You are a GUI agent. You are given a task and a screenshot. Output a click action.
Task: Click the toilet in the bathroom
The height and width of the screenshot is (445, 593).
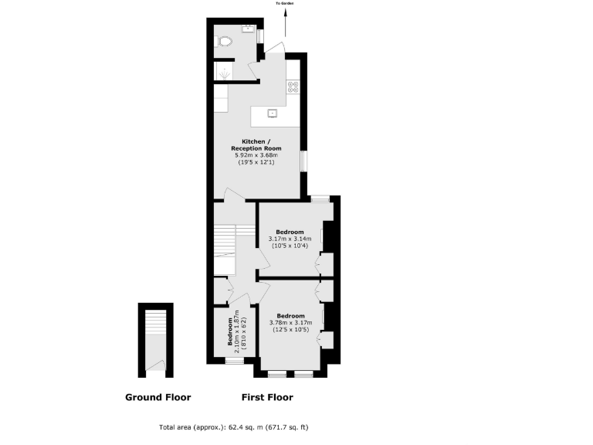(x=225, y=41)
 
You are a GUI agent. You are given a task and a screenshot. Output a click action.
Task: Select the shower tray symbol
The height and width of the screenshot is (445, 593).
(x=224, y=73)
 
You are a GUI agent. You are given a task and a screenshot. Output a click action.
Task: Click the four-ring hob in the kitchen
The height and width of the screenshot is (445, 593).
(x=293, y=87)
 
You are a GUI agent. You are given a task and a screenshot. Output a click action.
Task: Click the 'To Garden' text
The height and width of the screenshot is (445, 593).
(x=285, y=4)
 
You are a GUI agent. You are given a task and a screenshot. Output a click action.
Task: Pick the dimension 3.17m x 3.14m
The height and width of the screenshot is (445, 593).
(x=289, y=239)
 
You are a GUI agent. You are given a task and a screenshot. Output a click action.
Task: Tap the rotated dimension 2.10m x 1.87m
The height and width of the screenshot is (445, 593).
(x=237, y=331)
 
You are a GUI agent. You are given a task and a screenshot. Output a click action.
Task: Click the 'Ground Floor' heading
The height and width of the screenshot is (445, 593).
(x=158, y=398)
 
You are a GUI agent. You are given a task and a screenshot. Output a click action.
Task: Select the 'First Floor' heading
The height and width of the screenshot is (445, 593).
(x=266, y=398)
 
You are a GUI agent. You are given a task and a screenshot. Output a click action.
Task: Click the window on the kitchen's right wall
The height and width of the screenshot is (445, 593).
(x=302, y=160)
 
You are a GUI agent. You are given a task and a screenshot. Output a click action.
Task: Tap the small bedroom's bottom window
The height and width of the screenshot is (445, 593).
(x=232, y=361)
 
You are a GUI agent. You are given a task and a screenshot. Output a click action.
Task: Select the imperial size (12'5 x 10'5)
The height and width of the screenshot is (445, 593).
(x=290, y=330)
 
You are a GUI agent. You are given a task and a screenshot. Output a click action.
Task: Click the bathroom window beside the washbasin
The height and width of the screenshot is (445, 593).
(x=259, y=36)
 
